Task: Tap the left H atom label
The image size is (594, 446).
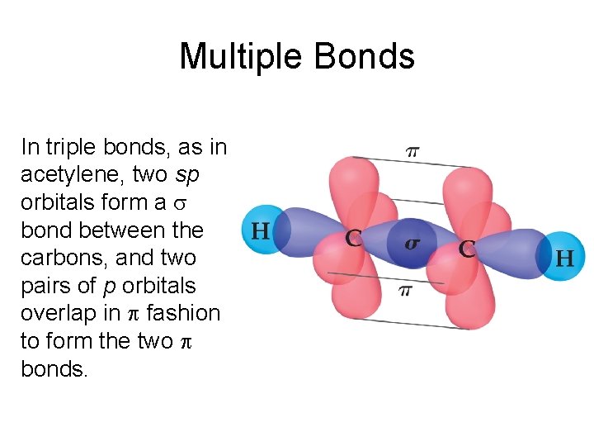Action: [260, 230]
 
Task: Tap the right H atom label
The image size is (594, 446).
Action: [565, 259]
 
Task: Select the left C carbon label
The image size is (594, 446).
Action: [353, 240]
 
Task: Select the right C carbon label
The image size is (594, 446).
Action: [467, 249]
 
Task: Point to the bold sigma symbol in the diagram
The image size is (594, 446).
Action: [410, 244]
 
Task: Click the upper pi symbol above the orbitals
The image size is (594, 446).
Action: [412, 151]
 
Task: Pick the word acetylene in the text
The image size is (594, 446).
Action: [73, 175]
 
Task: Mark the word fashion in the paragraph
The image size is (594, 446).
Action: [183, 313]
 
